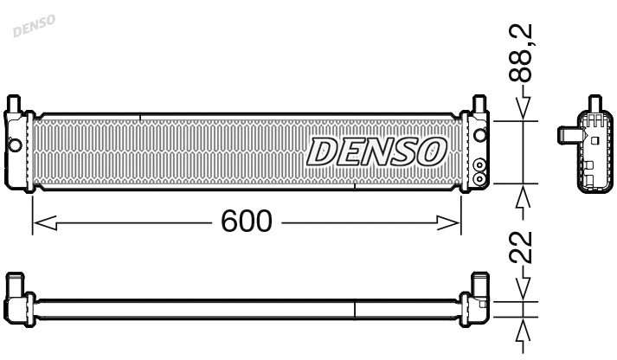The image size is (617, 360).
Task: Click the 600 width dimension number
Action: [246, 222]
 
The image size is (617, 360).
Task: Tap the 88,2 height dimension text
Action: [521, 54]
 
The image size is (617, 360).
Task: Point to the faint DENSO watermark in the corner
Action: [34, 25]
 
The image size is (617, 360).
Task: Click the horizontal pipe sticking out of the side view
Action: [567, 134]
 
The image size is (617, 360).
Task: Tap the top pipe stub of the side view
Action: [595, 103]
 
